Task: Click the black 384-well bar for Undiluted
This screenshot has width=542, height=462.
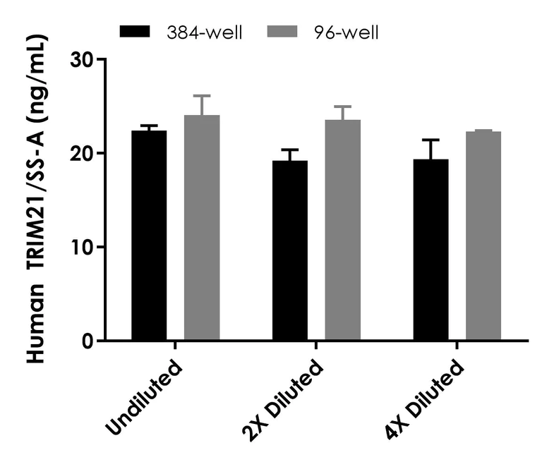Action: (149, 236)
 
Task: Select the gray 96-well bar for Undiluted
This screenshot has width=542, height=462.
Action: (202, 228)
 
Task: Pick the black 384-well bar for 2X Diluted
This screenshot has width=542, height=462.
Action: (290, 250)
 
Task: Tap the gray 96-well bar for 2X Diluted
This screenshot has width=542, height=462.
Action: (342, 230)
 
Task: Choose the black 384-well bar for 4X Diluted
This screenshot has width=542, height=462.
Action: (431, 250)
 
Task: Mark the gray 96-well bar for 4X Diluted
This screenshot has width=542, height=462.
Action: (483, 236)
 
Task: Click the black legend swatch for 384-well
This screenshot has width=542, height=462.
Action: (135, 31)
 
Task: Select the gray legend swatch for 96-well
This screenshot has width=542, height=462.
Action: (282, 31)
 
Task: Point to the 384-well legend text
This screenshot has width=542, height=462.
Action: (204, 33)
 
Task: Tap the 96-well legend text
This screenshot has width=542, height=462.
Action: (347, 33)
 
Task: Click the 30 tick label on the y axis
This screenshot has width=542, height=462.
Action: (82, 60)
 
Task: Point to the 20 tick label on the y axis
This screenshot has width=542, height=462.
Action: (82, 154)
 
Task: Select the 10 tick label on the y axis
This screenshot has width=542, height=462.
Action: (83, 247)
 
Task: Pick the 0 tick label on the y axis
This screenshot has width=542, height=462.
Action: (88, 341)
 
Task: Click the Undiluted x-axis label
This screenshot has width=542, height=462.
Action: (143, 397)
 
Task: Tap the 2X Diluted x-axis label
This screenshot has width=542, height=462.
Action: (283, 400)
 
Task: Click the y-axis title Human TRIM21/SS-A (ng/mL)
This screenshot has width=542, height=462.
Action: (36, 199)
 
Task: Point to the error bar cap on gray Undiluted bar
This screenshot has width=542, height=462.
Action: (202, 95)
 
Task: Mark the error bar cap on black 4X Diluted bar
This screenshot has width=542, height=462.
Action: (431, 140)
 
